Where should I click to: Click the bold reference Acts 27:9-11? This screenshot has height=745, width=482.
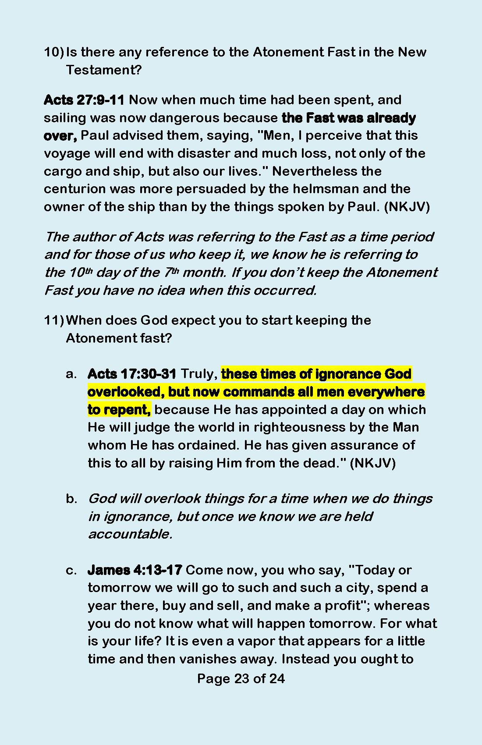coord(84,100)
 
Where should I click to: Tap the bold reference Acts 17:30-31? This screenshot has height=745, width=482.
coord(132,374)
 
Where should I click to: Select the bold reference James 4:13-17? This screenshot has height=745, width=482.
coord(135,570)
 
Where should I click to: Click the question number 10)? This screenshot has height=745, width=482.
coord(53,52)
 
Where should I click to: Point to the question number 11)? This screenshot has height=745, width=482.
coord(53,320)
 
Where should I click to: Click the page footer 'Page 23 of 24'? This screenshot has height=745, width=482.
coord(241,678)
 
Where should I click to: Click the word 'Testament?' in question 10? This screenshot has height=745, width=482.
coord(104,70)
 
